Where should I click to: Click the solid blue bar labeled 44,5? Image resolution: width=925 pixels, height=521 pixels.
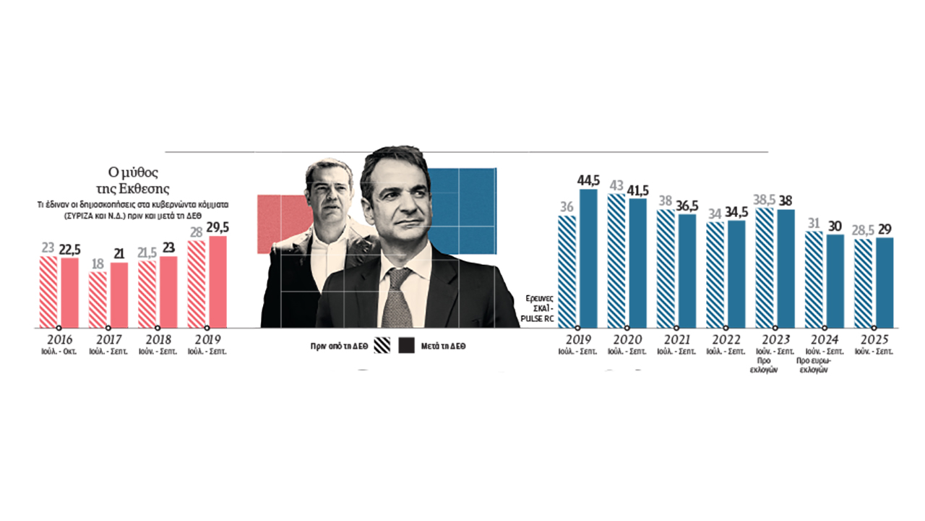tap(588, 258)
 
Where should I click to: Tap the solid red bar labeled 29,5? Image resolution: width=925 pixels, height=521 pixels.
tap(218, 282)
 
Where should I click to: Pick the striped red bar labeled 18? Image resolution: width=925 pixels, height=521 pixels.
tap(98, 300)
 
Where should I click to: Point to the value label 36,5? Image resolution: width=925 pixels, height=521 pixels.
tap(687, 205)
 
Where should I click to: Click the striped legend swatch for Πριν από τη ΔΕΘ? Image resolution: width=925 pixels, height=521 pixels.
tap(381, 346)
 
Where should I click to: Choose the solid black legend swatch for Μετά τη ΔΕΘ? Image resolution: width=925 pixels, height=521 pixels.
tap(407, 346)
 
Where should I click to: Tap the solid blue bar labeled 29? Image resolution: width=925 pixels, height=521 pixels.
tap(884, 282)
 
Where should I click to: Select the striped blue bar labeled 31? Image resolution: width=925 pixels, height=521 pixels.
tap(814, 279)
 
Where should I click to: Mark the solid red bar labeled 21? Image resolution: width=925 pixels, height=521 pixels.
tap(119, 295)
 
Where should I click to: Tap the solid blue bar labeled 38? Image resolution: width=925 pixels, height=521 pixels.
tap(785, 268)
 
